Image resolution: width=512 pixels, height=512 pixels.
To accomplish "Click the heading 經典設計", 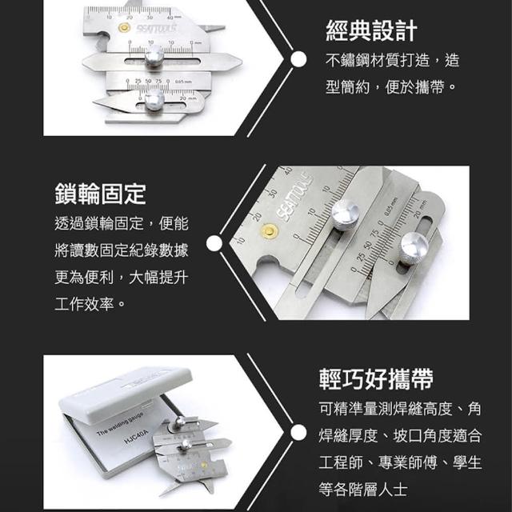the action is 371,30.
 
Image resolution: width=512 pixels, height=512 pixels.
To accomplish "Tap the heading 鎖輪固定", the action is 100,194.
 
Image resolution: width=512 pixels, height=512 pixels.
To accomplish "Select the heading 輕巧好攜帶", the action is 376,379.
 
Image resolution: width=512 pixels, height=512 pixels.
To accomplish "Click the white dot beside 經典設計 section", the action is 298,59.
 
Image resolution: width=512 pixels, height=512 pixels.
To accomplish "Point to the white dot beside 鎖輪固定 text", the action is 214,243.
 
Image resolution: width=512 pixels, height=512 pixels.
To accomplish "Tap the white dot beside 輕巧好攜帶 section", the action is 298,433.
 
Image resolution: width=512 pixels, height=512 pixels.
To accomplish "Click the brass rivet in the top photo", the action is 125,28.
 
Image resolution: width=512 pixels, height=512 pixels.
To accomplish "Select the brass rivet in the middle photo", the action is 269,231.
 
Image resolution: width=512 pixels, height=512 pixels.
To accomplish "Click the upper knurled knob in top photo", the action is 154,55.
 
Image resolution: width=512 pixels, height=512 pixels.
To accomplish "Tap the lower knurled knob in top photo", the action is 154,100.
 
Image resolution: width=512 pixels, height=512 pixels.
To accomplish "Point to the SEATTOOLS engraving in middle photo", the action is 294,197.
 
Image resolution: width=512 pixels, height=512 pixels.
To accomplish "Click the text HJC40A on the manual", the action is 136,437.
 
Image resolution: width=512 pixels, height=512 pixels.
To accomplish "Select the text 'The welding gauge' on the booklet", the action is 120,424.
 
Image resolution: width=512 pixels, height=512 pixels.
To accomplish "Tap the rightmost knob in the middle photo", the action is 414,245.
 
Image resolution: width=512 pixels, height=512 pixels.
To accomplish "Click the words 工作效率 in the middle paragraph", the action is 84,304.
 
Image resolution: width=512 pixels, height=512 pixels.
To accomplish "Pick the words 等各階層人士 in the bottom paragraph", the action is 362,490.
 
